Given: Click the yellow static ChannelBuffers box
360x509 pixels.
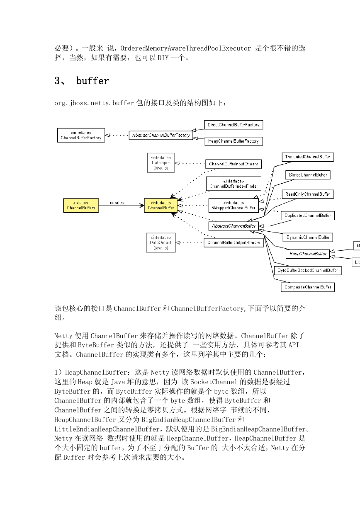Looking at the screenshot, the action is pos(81,206).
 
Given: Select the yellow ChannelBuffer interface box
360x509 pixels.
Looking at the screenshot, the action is pos(161,206).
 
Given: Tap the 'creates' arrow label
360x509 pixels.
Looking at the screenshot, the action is pos(117,203).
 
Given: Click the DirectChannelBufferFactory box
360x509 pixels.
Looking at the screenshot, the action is pos(234,125).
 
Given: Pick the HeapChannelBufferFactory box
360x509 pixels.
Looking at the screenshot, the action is pos(234,141).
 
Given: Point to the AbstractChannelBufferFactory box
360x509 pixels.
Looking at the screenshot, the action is pos(161,135).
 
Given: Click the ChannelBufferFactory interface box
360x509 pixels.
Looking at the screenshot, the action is pos(81,135).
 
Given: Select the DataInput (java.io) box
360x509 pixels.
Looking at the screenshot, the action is pos(161,163).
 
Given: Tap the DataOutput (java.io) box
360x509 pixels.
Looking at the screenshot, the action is pos(161,242).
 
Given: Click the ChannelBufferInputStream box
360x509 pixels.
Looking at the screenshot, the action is pos(234,164).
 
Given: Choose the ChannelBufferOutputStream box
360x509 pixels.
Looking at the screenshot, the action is pos(234,242).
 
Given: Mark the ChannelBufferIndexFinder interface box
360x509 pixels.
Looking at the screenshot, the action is pos(234,184).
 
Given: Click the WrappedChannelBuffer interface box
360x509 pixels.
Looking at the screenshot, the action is pos(234,206).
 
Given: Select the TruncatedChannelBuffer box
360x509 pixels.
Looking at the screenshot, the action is pos(308,157).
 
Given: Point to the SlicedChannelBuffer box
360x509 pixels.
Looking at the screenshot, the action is pos(308,175).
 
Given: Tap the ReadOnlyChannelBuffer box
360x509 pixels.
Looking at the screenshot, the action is pos(308,194).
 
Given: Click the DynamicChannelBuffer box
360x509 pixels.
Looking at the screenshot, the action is pos(308,238).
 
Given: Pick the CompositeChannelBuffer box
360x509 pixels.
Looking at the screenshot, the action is pos(308,287).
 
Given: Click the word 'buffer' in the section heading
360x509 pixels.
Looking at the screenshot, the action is pos(92,81).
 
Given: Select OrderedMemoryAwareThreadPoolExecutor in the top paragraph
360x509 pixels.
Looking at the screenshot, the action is pos(185,48).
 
